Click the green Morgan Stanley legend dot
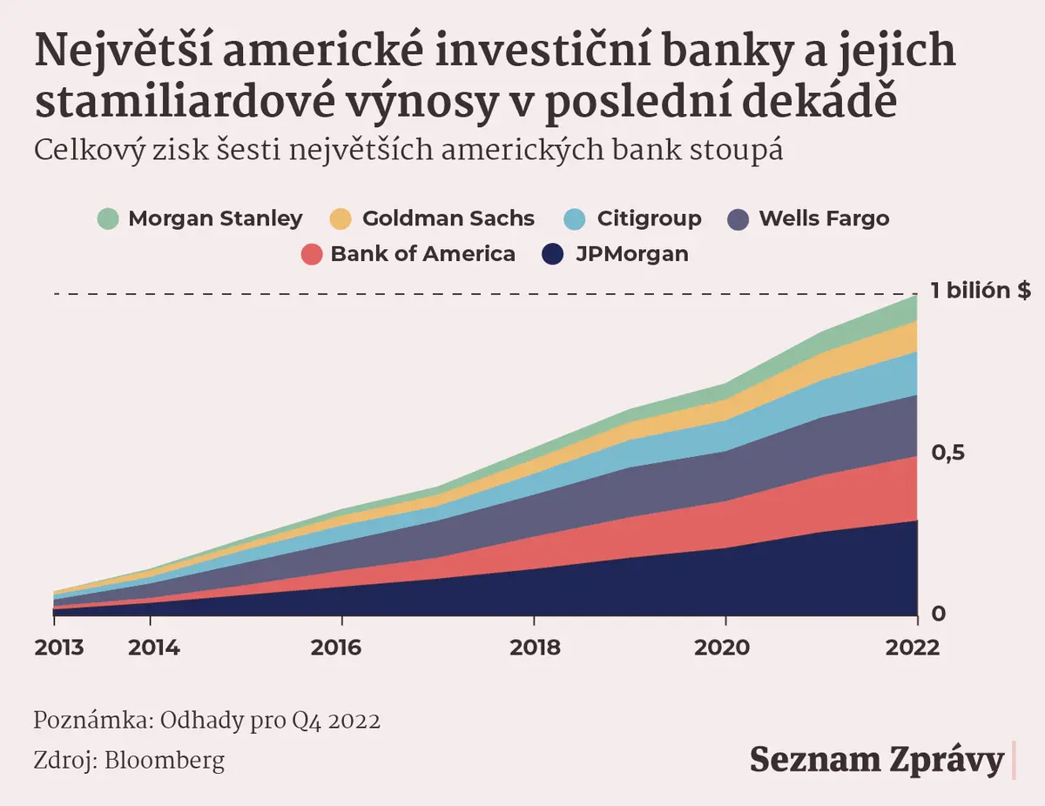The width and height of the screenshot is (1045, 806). coord(108,219)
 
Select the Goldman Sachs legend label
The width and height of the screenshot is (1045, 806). coord(448,218)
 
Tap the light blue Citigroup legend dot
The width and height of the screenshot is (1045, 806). coord(574,219)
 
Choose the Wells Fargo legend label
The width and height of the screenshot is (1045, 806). coord(824,218)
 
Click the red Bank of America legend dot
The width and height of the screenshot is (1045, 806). coord(311,254)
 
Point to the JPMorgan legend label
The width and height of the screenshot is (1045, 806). coord(632,254)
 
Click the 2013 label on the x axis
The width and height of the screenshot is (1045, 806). coord(58,648)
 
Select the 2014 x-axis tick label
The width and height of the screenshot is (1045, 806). coord(154,648)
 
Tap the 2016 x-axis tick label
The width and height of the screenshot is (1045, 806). coord(335,648)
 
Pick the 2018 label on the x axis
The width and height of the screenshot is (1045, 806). coord(535,648)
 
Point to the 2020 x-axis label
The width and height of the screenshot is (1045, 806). coord(722,648)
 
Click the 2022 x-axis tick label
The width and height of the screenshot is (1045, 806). coord(913,648)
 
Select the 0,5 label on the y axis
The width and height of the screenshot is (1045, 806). coord(947,453)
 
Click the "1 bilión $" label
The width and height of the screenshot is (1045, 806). coord(981,291)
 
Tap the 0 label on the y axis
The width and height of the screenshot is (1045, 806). coord(939,614)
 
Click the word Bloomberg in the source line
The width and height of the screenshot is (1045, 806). coord(165,762)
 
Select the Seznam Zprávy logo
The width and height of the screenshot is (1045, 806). coord(877,761)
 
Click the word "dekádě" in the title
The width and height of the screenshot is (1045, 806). coord(819,102)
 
